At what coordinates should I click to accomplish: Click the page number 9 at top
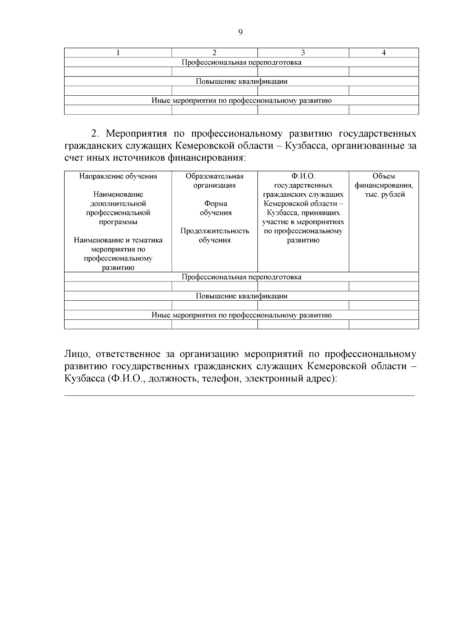coord(241,32)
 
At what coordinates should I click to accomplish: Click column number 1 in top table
coord(118,53)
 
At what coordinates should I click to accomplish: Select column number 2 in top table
coord(215,53)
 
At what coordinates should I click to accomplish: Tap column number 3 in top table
coord(303,53)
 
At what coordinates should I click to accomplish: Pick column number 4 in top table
coord(384,53)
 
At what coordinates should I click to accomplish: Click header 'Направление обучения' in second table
coord(118,176)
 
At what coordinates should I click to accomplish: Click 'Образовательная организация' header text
coord(215,181)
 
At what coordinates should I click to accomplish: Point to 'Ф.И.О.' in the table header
coord(303,176)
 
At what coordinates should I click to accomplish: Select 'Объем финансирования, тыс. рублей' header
coord(384,185)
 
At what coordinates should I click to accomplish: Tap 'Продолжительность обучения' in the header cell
coord(215,236)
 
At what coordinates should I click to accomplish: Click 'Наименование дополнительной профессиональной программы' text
coord(118,208)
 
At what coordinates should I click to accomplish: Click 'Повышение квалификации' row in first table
coord(241,81)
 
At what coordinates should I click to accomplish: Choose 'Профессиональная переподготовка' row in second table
coord(241,277)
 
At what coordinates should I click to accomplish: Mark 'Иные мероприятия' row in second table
coord(241,315)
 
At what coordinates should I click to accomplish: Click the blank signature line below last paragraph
coord(239,395)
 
